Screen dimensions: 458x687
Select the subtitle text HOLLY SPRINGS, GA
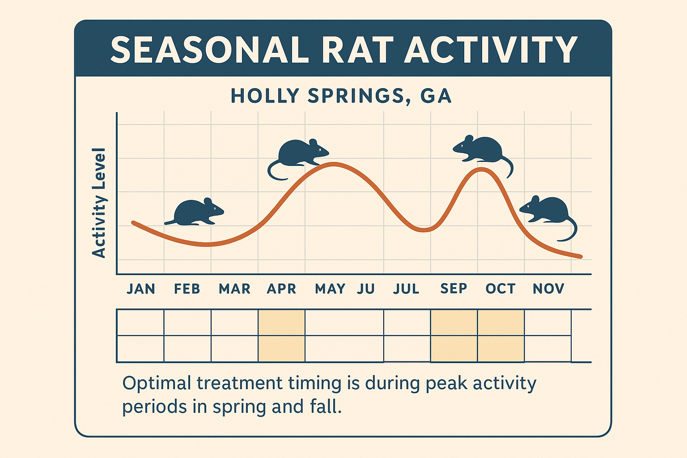(341, 96)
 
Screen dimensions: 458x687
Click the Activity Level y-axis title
(99, 203)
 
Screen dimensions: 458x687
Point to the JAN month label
(141, 289)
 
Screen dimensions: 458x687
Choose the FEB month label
(187, 289)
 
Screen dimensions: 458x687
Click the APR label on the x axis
(281, 289)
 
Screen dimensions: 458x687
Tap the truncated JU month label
(365, 289)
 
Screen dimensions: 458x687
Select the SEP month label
(454, 289)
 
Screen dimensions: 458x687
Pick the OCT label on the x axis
(500, 289)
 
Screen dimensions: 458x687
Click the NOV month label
(548, 289)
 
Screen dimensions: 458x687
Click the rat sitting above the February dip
(196, 212)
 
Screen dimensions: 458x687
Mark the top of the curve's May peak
(333, 164)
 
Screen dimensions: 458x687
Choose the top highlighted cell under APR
(281, 322)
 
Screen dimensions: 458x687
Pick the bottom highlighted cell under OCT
(500, 349)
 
